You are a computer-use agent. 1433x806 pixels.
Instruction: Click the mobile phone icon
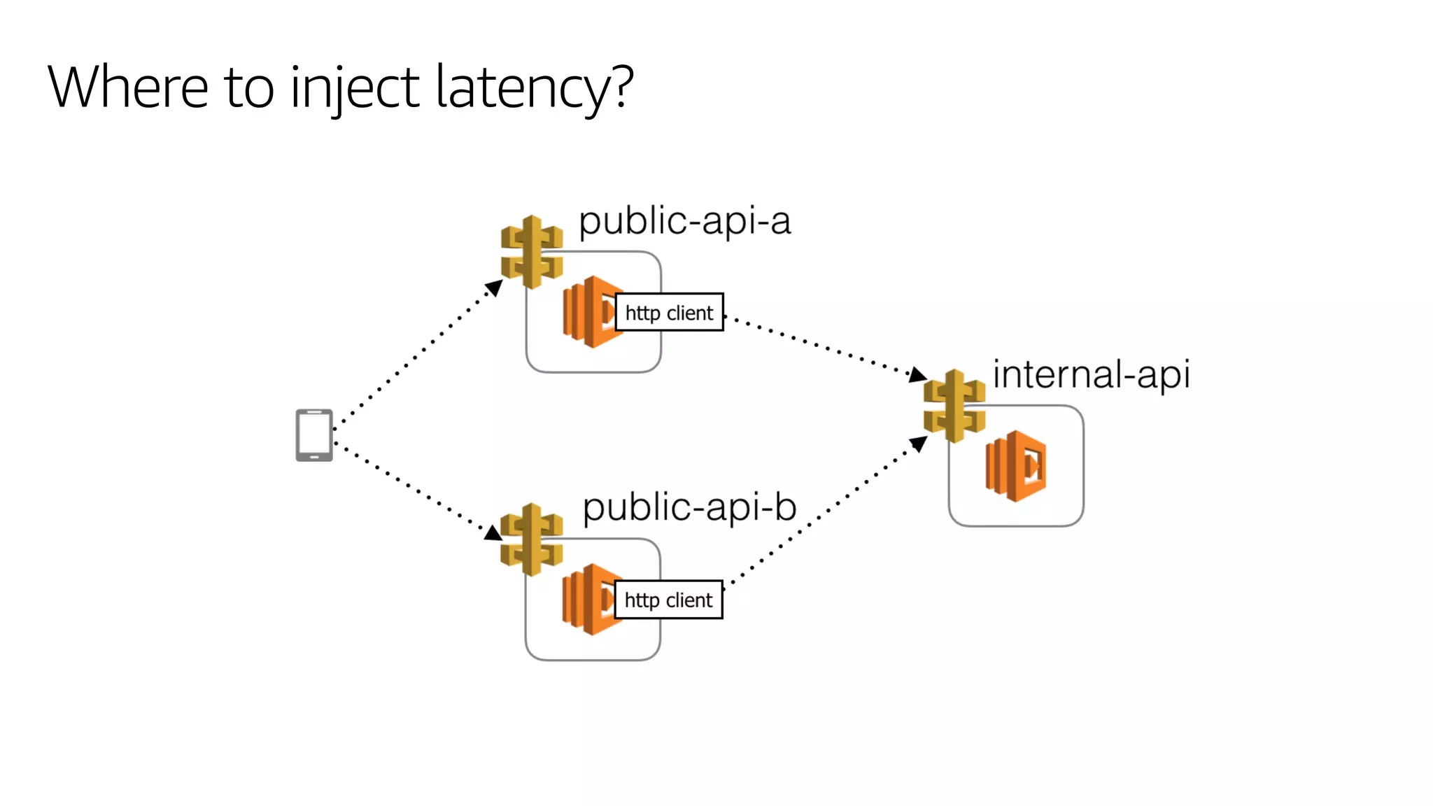(314, 435)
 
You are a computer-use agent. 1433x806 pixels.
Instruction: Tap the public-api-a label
(684, 222)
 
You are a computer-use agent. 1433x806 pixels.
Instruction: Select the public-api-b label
(689, 507)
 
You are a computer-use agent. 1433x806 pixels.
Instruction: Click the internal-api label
(1091, 374)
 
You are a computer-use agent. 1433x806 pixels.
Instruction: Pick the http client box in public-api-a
(669, 312)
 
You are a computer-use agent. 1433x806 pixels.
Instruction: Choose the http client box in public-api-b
(668, 600)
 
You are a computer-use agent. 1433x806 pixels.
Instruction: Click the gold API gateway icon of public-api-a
(532, 252)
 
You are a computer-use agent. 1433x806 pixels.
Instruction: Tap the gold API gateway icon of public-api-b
(532, 539)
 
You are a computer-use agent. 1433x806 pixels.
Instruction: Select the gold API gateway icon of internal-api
(954, 406)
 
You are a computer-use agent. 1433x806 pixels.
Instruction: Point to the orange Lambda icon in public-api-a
(588, 312)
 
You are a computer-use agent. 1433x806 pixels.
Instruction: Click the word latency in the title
(522, 87)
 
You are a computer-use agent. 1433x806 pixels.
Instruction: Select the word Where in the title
(128, 87)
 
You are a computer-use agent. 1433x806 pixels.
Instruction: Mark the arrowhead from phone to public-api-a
(495, 287)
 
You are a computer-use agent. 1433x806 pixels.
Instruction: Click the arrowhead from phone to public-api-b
(493, 533)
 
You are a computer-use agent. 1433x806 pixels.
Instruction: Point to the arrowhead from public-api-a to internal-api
(917, 375)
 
